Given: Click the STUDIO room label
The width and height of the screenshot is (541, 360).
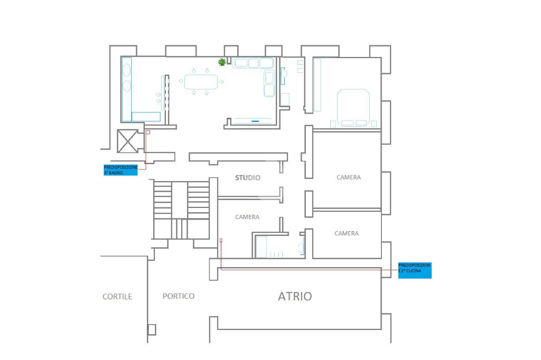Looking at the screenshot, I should click(x=247, y=178).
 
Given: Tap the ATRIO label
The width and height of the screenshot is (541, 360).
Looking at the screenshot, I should click(x=295, y=296).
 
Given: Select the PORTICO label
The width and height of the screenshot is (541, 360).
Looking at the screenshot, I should click(x=179, y=296).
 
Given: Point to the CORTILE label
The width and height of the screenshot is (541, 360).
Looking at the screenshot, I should click(x=117, y=297).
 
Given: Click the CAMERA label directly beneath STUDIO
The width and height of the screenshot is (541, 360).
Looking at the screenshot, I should click(x=247, y=217).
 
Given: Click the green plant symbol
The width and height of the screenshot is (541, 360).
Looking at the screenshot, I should click(x=222, y=62).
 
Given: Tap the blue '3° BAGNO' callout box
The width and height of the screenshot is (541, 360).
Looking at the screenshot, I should click(x=120, y=170).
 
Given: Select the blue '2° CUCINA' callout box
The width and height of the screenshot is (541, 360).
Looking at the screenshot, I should click(x=415, y=270).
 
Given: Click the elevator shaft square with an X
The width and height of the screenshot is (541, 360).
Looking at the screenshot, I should click(x=127, y=141).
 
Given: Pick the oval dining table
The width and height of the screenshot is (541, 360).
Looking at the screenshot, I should click(x=201, y=82).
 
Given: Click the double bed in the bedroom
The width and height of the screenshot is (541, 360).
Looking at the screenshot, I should click(x=353, y=107).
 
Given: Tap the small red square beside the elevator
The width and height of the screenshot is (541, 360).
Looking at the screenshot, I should click(x=148, y=132).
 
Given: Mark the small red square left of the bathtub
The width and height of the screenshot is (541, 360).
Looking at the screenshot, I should click(x=221, y=240).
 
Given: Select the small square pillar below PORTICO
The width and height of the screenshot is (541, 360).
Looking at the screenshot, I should click(x=152, y=329).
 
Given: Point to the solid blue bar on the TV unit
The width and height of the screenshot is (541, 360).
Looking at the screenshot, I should click(x=256, y=121).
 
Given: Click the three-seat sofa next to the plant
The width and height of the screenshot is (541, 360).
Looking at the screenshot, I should click(x=253, y=63).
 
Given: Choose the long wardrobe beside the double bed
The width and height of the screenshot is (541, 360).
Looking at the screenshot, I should click(x=317, y=84).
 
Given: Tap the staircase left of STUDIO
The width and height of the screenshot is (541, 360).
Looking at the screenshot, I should click(x=181, y=210).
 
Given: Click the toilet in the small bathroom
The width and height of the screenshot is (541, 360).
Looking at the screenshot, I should click(x=301, y=247).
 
